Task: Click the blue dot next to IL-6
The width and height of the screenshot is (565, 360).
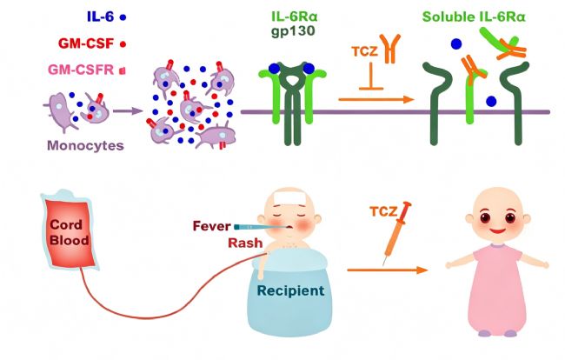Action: click(x=123, y=17)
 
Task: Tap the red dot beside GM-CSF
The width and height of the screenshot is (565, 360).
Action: click(x=123, y=44)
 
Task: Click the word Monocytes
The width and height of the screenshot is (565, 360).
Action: click(x=86, y=145)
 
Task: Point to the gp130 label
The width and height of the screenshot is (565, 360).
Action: click(x=293, y=31)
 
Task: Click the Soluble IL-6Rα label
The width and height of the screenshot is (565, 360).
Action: click(x=474, y=17)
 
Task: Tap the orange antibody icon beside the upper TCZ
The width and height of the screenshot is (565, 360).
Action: click(x=390, y=49)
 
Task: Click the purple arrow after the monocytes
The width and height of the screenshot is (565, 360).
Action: click(x=129, y=111)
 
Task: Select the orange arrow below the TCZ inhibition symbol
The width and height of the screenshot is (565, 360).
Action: click(x=376, y=99)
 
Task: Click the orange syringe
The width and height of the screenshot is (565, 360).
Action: click(x=396, y=233)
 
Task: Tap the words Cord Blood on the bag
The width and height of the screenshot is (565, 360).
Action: click(x=70, y=232)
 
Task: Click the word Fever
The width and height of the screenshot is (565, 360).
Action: click(x=211, y=226)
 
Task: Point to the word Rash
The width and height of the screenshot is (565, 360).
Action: click(x=245, y=243)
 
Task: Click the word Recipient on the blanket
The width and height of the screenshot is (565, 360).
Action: click(x=290, y=290)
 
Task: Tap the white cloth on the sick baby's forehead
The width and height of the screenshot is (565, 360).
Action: click(x=289, y=198)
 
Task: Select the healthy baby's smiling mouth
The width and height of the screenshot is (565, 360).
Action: click(x=497, y=230)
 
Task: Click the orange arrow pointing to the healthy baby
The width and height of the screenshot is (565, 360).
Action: click(x=388, y=270)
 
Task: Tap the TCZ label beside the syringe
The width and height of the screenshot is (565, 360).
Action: click(x=383, y=211)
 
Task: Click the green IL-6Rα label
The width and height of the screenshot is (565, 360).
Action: click(x=295, y=17)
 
